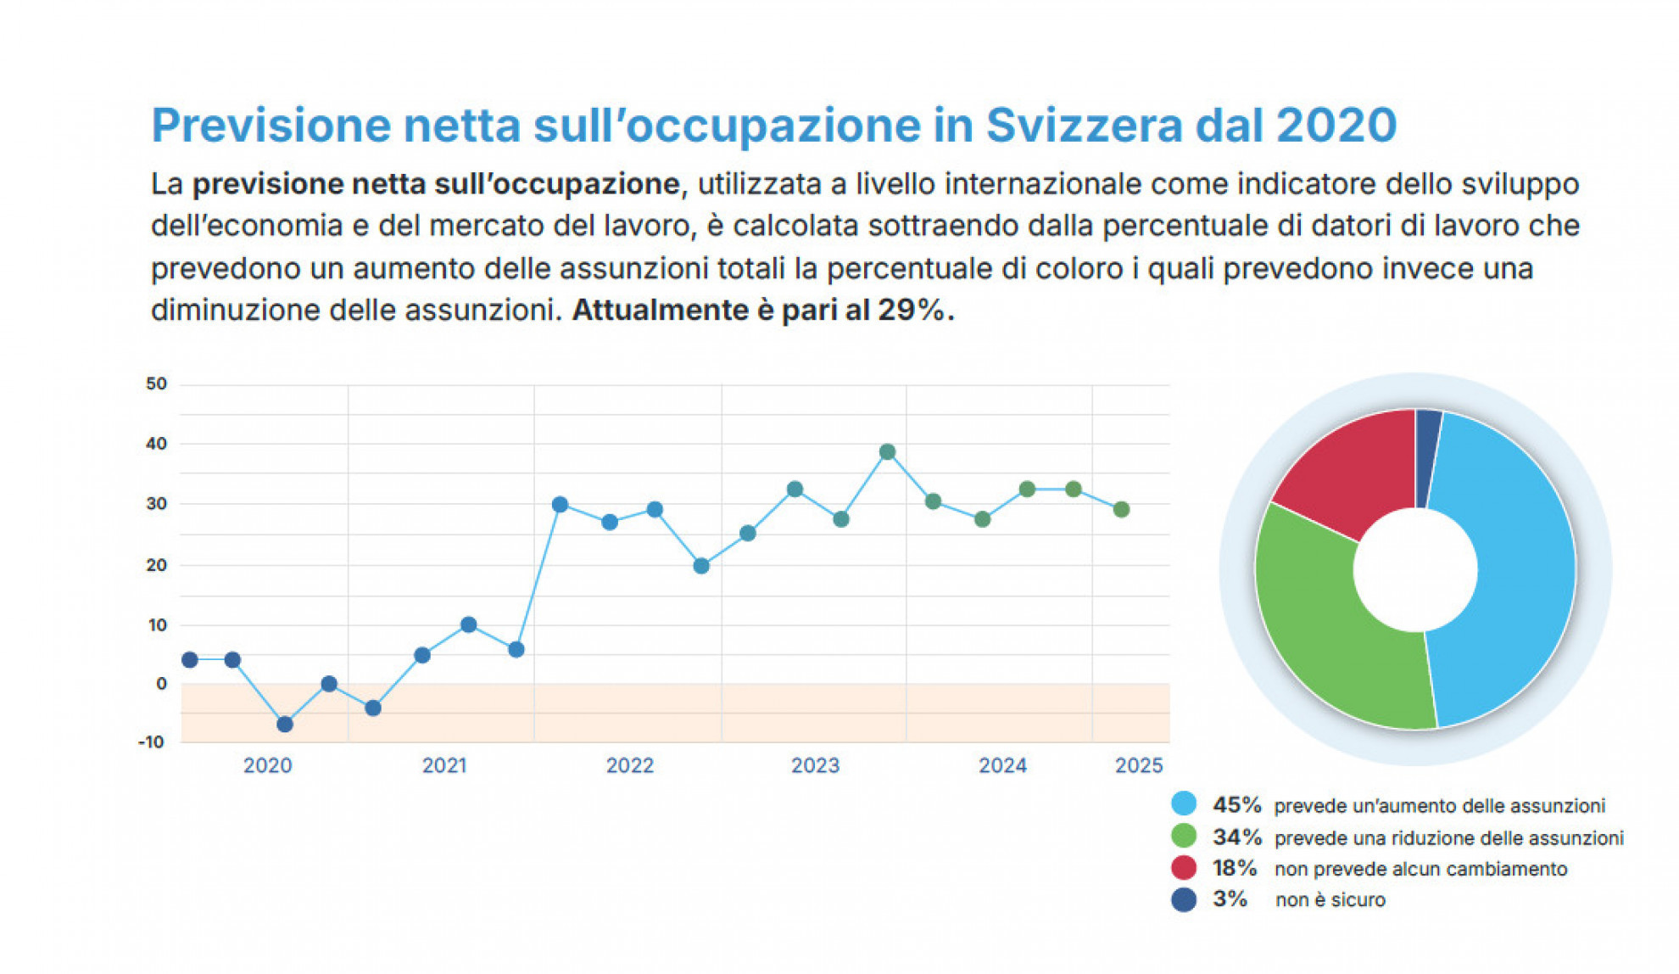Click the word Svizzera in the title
coord(1083,126)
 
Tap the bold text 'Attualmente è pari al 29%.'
coord(763,311)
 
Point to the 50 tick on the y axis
coord(157,384)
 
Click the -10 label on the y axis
coord(152,742)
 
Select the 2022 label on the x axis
coord(630,766)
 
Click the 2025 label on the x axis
coord(1138,766)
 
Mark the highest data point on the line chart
coord(887,452)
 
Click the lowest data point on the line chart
coord(285,725)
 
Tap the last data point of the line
coord(1121,510)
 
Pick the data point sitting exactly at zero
coord(329,684)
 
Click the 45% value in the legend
coord(1236,804)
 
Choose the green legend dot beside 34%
coord(1184,837)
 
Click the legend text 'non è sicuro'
coord(1330,900)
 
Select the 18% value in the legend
coord(1235,868)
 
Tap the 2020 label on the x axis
coord(268,766)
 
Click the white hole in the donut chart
coord(1414,570)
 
